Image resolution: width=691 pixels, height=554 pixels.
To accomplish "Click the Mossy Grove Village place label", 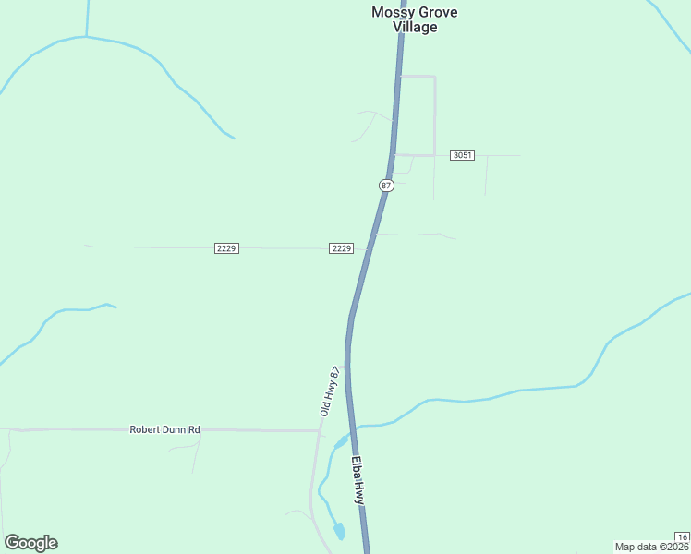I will coord(415,19).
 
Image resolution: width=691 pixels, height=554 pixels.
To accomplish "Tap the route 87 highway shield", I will coord(386,186).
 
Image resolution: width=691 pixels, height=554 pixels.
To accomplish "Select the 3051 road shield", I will coord(463,155).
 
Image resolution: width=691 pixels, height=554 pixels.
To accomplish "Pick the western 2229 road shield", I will coord(226,248).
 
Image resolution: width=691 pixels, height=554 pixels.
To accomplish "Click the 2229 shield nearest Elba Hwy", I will coord(341,248).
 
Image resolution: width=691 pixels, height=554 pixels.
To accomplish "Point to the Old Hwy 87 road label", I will coord(331,391).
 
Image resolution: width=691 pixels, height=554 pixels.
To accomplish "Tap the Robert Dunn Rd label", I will coord(165,429).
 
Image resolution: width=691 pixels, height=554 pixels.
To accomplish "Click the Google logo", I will coord(30,543).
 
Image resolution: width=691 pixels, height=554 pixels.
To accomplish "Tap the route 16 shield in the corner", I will coord(682,537).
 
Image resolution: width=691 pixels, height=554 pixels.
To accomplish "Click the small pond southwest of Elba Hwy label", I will coord(339,531).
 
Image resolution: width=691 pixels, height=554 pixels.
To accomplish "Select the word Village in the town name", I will coord(415,27).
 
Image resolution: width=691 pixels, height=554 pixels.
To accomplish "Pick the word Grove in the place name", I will coord(437,12).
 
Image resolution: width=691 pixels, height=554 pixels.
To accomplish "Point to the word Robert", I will coord(144,429).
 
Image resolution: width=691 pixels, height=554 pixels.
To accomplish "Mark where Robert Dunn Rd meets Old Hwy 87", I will coord(319,430).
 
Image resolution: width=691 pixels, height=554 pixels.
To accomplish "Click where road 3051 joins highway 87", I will coord(394,154).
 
